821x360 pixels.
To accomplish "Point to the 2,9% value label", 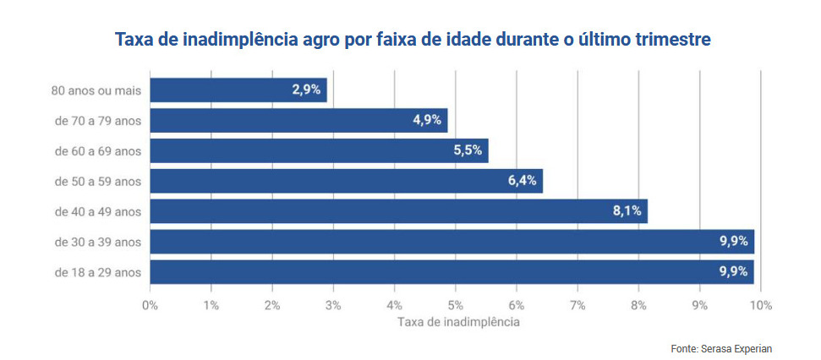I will pyautogui.click(x=306, y=90).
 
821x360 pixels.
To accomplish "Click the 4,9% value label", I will pyautogui.click(x=427, y=120).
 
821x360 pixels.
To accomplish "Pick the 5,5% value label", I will pyautogui.click(x=468, y=150).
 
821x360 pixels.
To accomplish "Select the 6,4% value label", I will pyautogui.click(x=523, y=181).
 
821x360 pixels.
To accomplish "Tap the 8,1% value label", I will pyautogui.click(x=627, y=211).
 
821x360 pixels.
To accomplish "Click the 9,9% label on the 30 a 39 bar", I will pyautogui.click(x=733, y=242).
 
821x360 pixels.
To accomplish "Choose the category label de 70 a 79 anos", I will pyautogui.click(x=97, y=120).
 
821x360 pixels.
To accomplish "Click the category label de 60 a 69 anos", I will pyautogui.click(x=97, y=150).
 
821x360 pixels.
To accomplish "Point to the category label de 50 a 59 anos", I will pyautogui.click(x=97, y=181).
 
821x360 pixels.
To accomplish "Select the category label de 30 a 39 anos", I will pyautogui.click(x=97, y=242).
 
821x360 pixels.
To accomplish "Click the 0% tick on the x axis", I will pyautogui.click(x=150, y=304).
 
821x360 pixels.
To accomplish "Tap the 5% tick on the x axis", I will pyautogui.click(x=455, y=304).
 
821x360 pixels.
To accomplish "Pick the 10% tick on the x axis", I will pyautogui.click(x=760, y=304).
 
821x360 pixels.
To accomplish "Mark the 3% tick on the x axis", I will pyautogui.click(x=333, y=304).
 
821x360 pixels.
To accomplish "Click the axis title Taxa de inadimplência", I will pyautogui.click(x=457, y=322).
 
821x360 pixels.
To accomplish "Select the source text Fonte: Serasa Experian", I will pyautogui.click(x=721, y=348).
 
